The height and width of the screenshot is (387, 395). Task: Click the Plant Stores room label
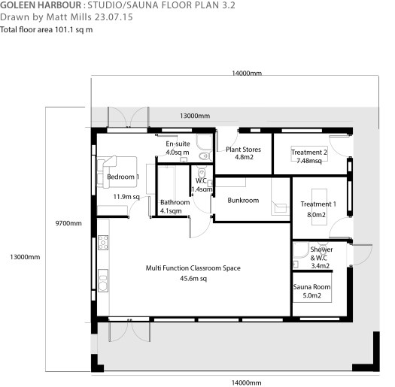tap(243, 150)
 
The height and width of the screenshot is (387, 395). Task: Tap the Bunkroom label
tap(243, 201)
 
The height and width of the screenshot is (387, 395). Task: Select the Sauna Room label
tap(311, 287)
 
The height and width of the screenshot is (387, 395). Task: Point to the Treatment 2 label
tap(308, 153)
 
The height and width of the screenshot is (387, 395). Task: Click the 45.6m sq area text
tap(193, 279)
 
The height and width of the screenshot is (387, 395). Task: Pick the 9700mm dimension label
tap(68, 223)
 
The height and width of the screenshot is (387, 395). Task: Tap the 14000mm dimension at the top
tap(247, 73)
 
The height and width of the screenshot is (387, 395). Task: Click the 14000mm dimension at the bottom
tap(246, 382)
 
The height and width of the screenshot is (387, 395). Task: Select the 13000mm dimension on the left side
tap(25, 257)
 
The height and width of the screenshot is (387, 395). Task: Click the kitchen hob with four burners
tap(103, 243)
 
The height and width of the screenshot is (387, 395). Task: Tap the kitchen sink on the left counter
tap(103, 280)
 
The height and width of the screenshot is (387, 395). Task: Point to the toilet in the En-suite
tap(205, 156)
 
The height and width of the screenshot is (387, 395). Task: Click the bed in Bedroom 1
tap(117, 172)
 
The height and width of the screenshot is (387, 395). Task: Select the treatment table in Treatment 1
tap(320, 207)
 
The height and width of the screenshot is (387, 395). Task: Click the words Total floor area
tap(26, 30)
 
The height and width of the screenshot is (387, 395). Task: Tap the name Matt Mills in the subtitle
tap(68, 17)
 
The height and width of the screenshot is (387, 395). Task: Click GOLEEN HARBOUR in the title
tap(41, 5)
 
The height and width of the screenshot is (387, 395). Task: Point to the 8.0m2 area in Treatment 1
tap(316, 215)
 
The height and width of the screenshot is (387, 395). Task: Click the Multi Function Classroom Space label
tap(193, 268)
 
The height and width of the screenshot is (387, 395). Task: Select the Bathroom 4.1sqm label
tap(175, 207)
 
